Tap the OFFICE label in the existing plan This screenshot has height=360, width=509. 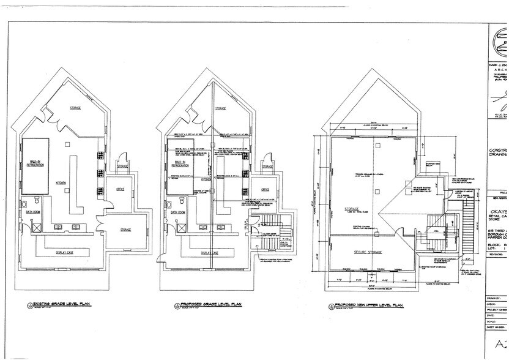click(121, 189)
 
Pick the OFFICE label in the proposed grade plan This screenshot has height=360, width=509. click(265, 189)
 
